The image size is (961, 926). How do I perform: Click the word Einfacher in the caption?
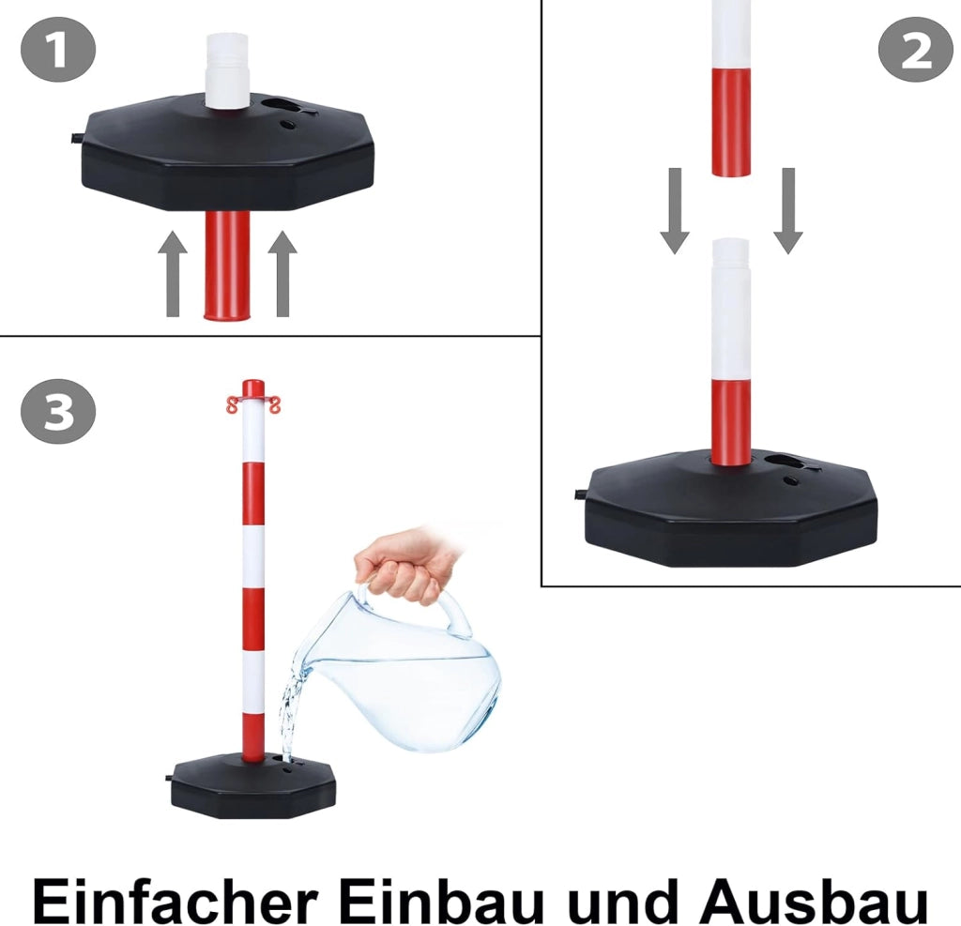click(175, 899)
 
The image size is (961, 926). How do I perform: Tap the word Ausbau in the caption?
click(813, 899)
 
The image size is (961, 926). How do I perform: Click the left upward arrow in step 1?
click(173, 274)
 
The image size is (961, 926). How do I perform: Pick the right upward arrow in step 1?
click(282, 274)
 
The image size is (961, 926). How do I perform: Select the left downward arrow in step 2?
click(675, 211)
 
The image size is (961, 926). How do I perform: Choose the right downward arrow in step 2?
click(788, 211)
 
